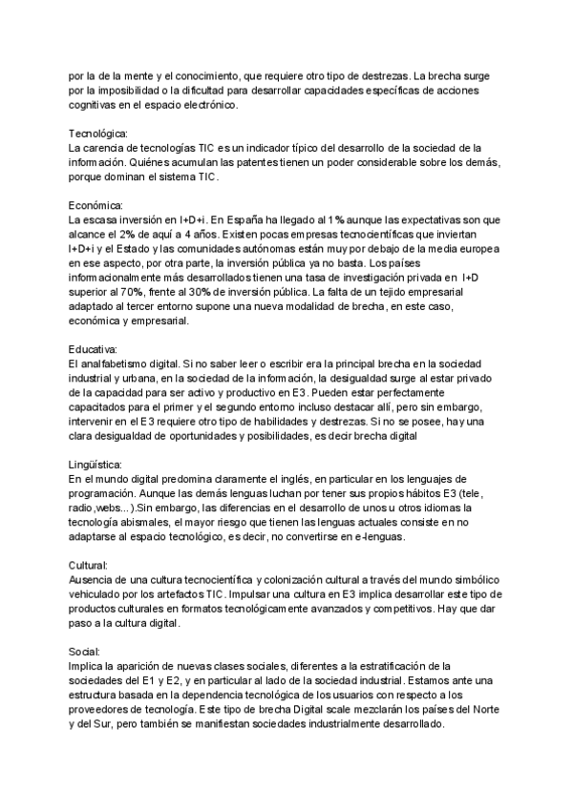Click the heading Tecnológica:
click(x=98, y=134)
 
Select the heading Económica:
click(x=96, y=205)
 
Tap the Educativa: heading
click(x=94, y=348)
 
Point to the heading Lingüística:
click(x=97, y=463)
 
